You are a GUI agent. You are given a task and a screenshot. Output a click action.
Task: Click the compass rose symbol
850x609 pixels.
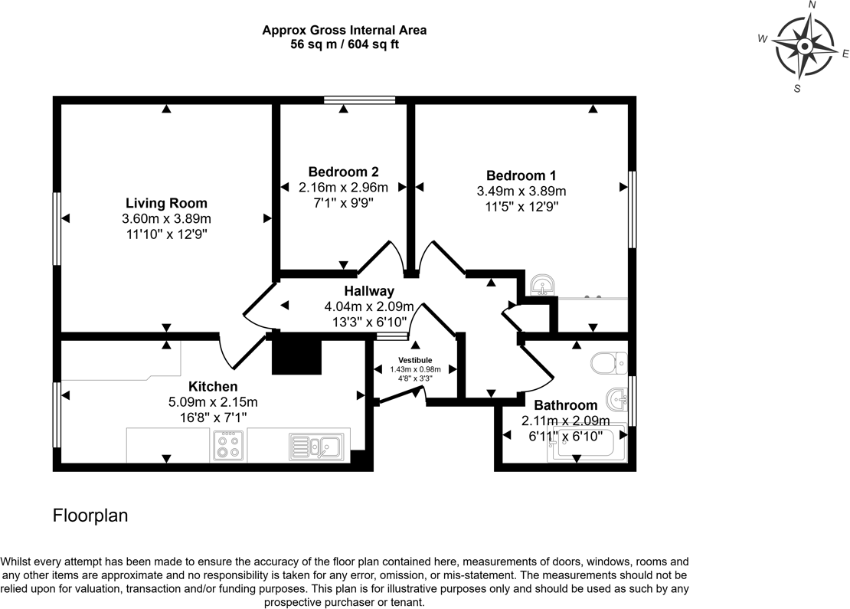pos(805,47)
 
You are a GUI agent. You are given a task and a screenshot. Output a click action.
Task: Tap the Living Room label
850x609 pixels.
pos(166,203)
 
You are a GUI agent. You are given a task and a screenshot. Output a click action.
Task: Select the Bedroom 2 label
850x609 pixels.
pos(343,172)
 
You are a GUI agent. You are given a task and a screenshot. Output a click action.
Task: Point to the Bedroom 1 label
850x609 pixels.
pos(521,175)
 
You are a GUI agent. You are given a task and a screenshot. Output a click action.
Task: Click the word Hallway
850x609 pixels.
pos(369,291)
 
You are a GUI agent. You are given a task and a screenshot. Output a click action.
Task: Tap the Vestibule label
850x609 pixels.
pos(415,360)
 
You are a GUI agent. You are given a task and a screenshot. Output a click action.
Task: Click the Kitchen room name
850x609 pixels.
pos(213,386)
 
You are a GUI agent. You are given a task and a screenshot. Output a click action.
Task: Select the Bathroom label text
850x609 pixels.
pos(565,405)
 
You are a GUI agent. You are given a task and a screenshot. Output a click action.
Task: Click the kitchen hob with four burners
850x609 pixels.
pos(227,445)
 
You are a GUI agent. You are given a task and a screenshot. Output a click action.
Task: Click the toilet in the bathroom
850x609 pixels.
pos(610,360)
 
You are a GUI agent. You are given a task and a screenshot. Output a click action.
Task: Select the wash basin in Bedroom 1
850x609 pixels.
pos(543,285)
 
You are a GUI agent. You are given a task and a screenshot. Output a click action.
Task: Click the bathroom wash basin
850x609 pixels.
pos(616,399)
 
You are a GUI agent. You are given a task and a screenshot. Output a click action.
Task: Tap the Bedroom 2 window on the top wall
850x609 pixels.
pos(359,100)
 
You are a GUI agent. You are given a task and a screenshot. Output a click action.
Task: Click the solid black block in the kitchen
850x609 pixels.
pos(297,355)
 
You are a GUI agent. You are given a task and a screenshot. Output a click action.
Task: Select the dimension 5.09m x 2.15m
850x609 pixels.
pos(213,401)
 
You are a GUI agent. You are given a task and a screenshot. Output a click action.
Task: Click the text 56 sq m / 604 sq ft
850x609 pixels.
pos(344,44)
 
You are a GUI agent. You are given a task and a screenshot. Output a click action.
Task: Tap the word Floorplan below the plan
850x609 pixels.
pos(90,516)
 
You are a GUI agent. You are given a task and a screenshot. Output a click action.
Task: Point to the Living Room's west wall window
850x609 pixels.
pos(57,228)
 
